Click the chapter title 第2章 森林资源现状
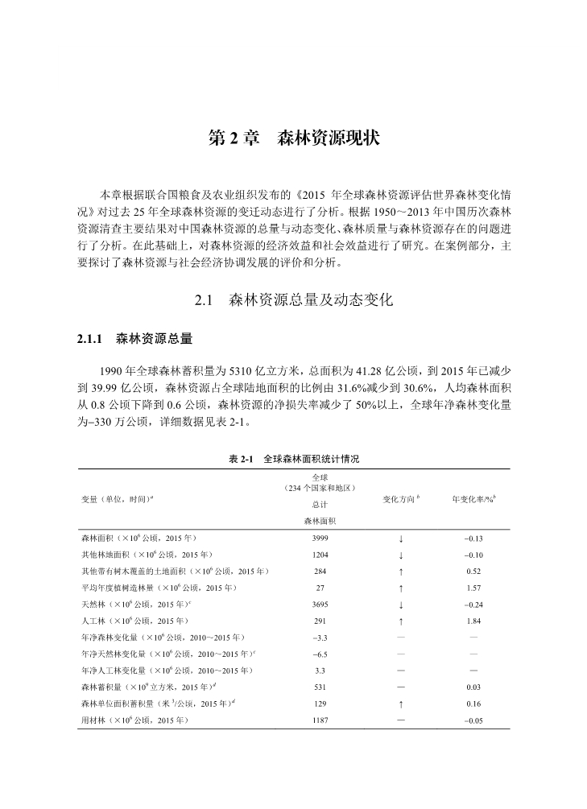(x=293, y=138)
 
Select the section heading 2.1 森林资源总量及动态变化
(x=293, y=302)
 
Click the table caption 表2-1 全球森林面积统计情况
(x=293, y=458)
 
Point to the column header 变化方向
(x=400, y=499)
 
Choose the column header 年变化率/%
(x=473, y=499)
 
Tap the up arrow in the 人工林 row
(x=400, y=621)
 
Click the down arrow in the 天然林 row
(x=400, y=605)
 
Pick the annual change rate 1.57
(x=473, y=588)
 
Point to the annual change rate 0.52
(x=473, y=572)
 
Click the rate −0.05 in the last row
(x=473, y=720)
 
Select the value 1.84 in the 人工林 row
(x=473, y=621)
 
